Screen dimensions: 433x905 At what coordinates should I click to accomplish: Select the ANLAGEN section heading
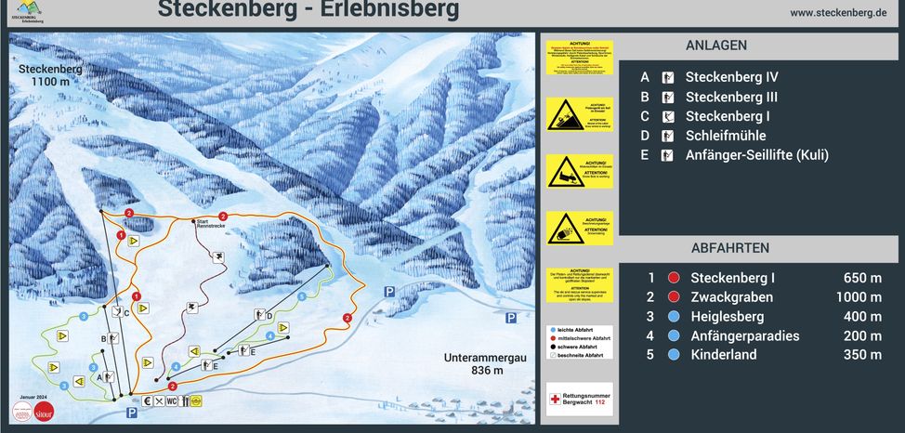(715, 46)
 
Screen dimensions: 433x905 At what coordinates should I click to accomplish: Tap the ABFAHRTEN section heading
(729, 248)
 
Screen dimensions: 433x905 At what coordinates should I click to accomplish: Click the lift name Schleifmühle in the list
(726, 136)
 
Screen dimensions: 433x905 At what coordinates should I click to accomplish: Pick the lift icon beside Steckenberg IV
(666, 78)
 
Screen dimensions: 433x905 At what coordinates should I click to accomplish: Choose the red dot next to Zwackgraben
(674, 297)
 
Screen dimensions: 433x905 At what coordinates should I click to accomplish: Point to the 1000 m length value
(858, 297)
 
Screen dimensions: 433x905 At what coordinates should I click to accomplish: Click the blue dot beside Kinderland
(674, 354)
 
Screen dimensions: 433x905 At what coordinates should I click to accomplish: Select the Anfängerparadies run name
(745, 335)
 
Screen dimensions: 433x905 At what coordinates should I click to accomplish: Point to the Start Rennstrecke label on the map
(210, 224)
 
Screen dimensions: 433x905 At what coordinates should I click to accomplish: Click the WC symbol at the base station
(172, 401)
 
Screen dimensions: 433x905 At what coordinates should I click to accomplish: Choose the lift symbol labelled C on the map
(117, 312)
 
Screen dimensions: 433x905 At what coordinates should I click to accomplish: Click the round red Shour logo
(44, 411)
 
